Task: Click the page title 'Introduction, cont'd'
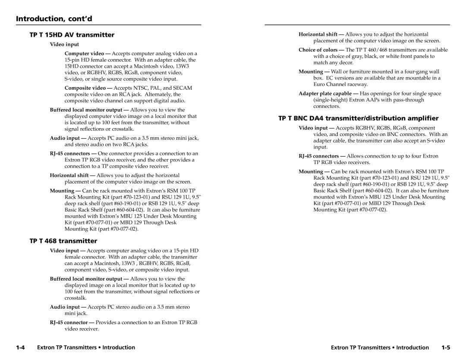pos(54,19)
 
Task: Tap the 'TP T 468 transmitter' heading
pos(63,240)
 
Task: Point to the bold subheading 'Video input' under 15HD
pos(64,44)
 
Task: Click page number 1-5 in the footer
pos(446,347)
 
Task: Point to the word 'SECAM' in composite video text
pos(183,88)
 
